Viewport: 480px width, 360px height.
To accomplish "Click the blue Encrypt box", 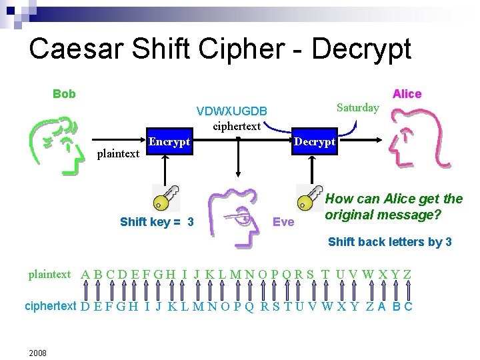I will pyautogui.click(x=170, y=141).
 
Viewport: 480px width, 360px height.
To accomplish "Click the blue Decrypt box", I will pyautogui.click(x=315, y=141).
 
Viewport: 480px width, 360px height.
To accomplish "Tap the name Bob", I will pyautogui.click(x=65, y=94).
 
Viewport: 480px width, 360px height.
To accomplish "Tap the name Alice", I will pyautogui.click(x=407, y=94).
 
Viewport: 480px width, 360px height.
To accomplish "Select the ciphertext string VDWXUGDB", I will pyautogui.click(x=232, y=111).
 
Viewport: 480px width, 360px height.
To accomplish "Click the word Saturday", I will pyautogui.click(x=358, y=107).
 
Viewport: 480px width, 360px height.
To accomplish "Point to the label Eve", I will pyautogui.click(x=283, y=221).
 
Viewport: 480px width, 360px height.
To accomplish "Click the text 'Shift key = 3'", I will pyautogui.click(x=157, y=221).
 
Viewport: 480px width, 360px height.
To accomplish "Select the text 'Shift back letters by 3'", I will pyautogui.click(x=389, y=241).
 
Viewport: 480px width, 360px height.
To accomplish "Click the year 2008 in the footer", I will pyautogui.click(x=37, y=352).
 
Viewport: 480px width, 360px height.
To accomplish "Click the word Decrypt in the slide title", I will pyautogui.click(x=361, y=49).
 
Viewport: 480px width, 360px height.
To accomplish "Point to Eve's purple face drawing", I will pyautogui.click(x=233, y=217).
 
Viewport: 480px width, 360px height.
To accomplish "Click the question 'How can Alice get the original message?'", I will pyautogui.click(x=393, y=207).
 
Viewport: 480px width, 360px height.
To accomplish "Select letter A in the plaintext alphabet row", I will pyautogui.click(x=85, y=274).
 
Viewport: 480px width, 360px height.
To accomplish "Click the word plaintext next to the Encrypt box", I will pyautogui.click(x=118, y=154).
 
